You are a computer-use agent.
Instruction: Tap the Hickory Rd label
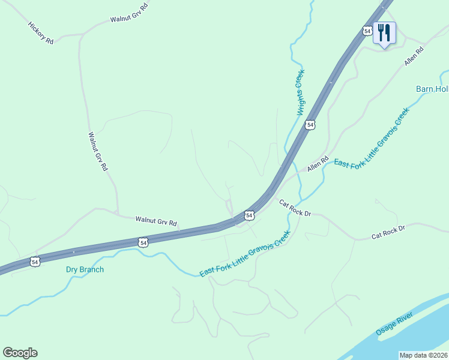tap(41, 33)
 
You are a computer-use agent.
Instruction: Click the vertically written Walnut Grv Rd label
tap(97, 152)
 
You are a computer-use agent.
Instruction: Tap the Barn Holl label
tap(432, 89)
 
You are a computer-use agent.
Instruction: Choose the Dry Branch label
tap(85, 269)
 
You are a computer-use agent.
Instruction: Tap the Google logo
tap(20, 353)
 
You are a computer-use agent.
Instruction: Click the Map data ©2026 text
tap(424, 355)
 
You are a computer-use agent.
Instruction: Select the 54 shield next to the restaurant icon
tap(367, 31)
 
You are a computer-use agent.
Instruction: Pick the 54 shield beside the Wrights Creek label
tap(310, 124)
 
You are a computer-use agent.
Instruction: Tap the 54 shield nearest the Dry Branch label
tap(35, 262)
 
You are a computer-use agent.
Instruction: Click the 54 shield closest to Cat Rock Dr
tap(249, 215)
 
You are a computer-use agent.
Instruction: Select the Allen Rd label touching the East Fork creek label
tap(319, 164)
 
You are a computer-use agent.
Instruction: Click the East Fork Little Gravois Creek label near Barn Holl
tap(371, 138)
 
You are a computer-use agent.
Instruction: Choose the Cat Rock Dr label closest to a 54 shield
tap(295, 209)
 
